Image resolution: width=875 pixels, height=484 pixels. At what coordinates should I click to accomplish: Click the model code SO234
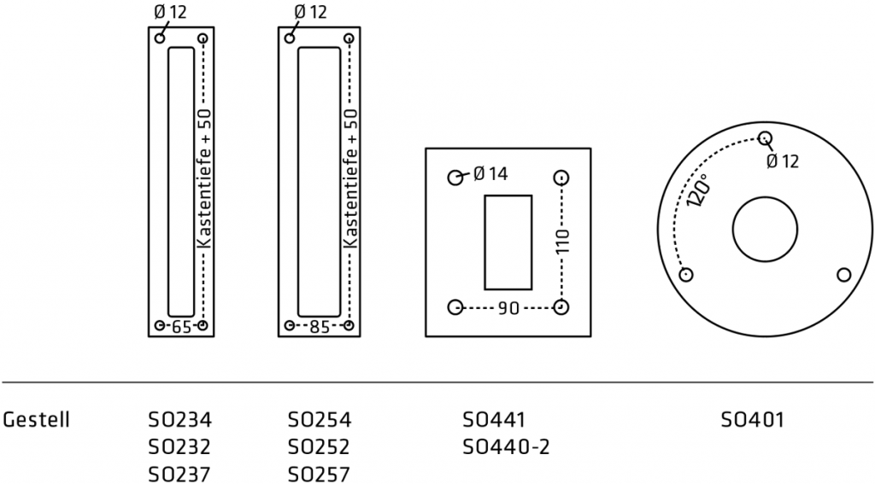pos(179,420)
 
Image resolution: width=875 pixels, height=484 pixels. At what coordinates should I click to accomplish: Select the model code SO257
pos(320,474)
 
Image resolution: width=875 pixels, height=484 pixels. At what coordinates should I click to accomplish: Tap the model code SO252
pos(320,447)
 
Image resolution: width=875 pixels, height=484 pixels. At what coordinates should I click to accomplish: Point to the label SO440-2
pos(506,447)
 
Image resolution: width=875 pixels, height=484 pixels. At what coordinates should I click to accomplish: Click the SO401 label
pos(752,420)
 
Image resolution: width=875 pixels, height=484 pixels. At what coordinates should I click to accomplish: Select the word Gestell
pos(36,420)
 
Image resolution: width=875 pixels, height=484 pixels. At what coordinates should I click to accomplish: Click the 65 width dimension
pos(180,326)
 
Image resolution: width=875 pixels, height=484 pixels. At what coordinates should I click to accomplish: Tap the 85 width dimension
pos(320,326)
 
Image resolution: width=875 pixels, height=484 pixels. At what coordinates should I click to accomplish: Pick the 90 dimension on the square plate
pos(508,308)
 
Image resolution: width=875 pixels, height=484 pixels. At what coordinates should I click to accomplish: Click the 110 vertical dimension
pos(561,243)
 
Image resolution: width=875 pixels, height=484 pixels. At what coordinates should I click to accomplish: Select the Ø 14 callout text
pos(490,174)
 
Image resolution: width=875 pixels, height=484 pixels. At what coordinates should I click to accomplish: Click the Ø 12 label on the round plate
pos(782,161)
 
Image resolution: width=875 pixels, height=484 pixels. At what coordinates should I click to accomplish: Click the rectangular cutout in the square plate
pos(508,242)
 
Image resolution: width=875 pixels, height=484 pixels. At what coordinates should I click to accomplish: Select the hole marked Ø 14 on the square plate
pos(455,178)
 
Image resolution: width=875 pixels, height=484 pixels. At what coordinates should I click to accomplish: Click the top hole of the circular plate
pos(765,137)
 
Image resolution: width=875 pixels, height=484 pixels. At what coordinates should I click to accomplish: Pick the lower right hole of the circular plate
pos(843,275)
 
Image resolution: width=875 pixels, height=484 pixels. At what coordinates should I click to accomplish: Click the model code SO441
pos(494,420)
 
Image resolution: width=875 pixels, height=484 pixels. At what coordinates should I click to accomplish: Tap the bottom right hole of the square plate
pos(561,307)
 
